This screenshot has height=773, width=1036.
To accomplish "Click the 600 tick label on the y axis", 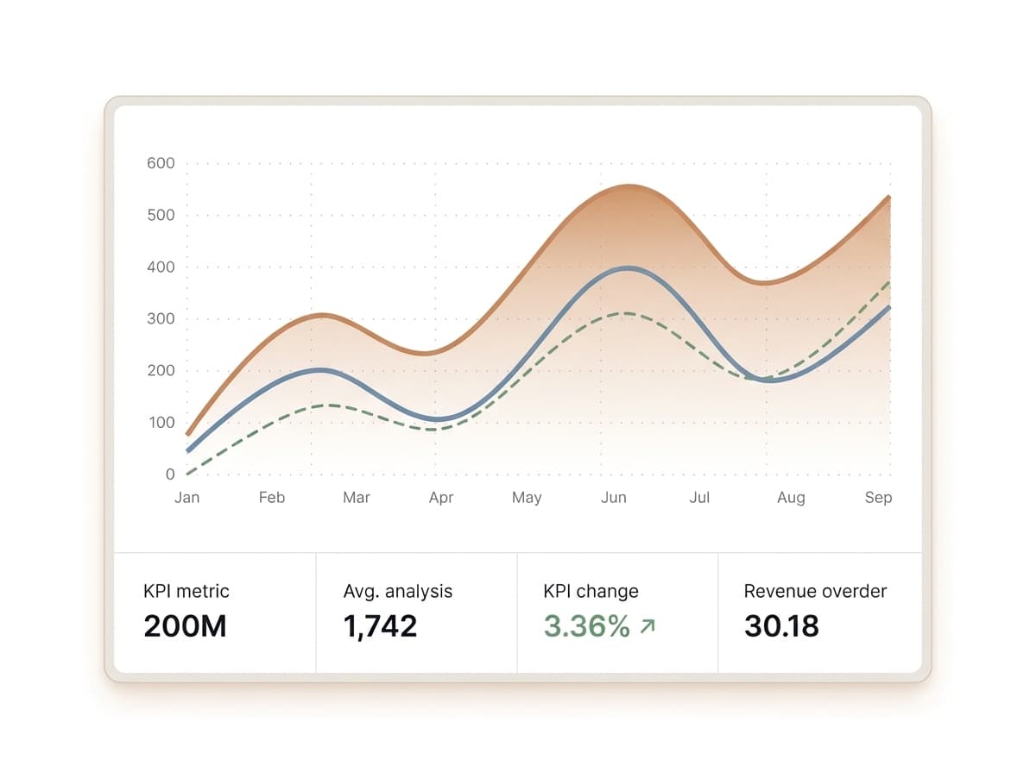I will pyautogui.click(x=160, y=163).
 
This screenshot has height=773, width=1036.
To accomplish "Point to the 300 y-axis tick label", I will pyautogui.click(x=160, y=318).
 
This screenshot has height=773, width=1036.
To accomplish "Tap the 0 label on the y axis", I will pyautogui.click(x=170, y=474).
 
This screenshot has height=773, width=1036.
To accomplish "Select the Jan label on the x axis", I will pyautogui.click(x=186, y=498).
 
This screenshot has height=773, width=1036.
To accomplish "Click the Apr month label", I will pyautogui.click(x=441, y=498).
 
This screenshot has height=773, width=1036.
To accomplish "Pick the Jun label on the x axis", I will pyautogui.click(x=613, y=498).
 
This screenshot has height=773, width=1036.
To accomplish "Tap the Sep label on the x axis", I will pyautogui.click(x=878, y=498).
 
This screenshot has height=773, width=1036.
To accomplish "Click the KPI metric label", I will pyautogui.click(x=186, y=592).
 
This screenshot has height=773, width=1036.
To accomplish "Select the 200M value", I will pyautogui.click(x=185, y=626).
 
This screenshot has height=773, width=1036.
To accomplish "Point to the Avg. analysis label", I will pyautogui.click(x=398, y=592).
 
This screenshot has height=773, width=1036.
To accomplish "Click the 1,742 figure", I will pyautogui.click(x=380, y=626).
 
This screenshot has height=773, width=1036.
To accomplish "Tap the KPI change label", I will pyautogui.click(x=591, y=592).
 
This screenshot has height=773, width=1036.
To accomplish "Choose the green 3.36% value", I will pyautogui.click(x=587, y=626).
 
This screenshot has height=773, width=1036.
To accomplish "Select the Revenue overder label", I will pyautogui.click(x=815, y=592).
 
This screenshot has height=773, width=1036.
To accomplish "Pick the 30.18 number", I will pyautogui.click(x=781, y=626).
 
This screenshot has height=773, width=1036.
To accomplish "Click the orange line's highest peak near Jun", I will pyautogui.click(x=629, y=185).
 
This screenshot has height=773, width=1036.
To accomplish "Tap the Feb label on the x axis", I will pyautogui.click(x=271, y=498).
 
